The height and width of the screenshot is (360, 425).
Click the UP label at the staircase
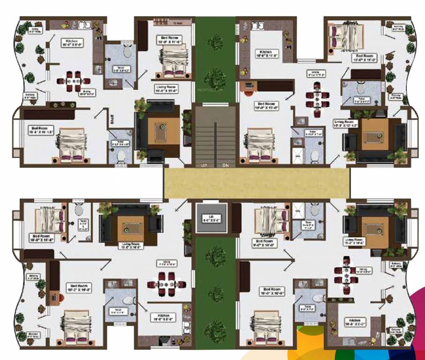(204, 165)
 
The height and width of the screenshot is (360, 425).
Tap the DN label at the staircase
(225, 165)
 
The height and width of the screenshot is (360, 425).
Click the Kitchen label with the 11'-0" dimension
(266, 54)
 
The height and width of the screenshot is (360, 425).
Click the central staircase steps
(215, 136)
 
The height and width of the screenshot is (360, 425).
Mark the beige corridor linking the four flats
(257, 183)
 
